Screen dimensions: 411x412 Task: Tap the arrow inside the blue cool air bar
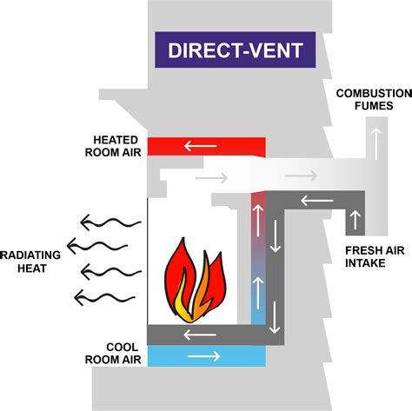coord(204,356)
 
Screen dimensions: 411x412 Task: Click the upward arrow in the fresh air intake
coord(353,218)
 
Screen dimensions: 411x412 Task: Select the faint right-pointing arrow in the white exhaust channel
coord(213,178)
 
